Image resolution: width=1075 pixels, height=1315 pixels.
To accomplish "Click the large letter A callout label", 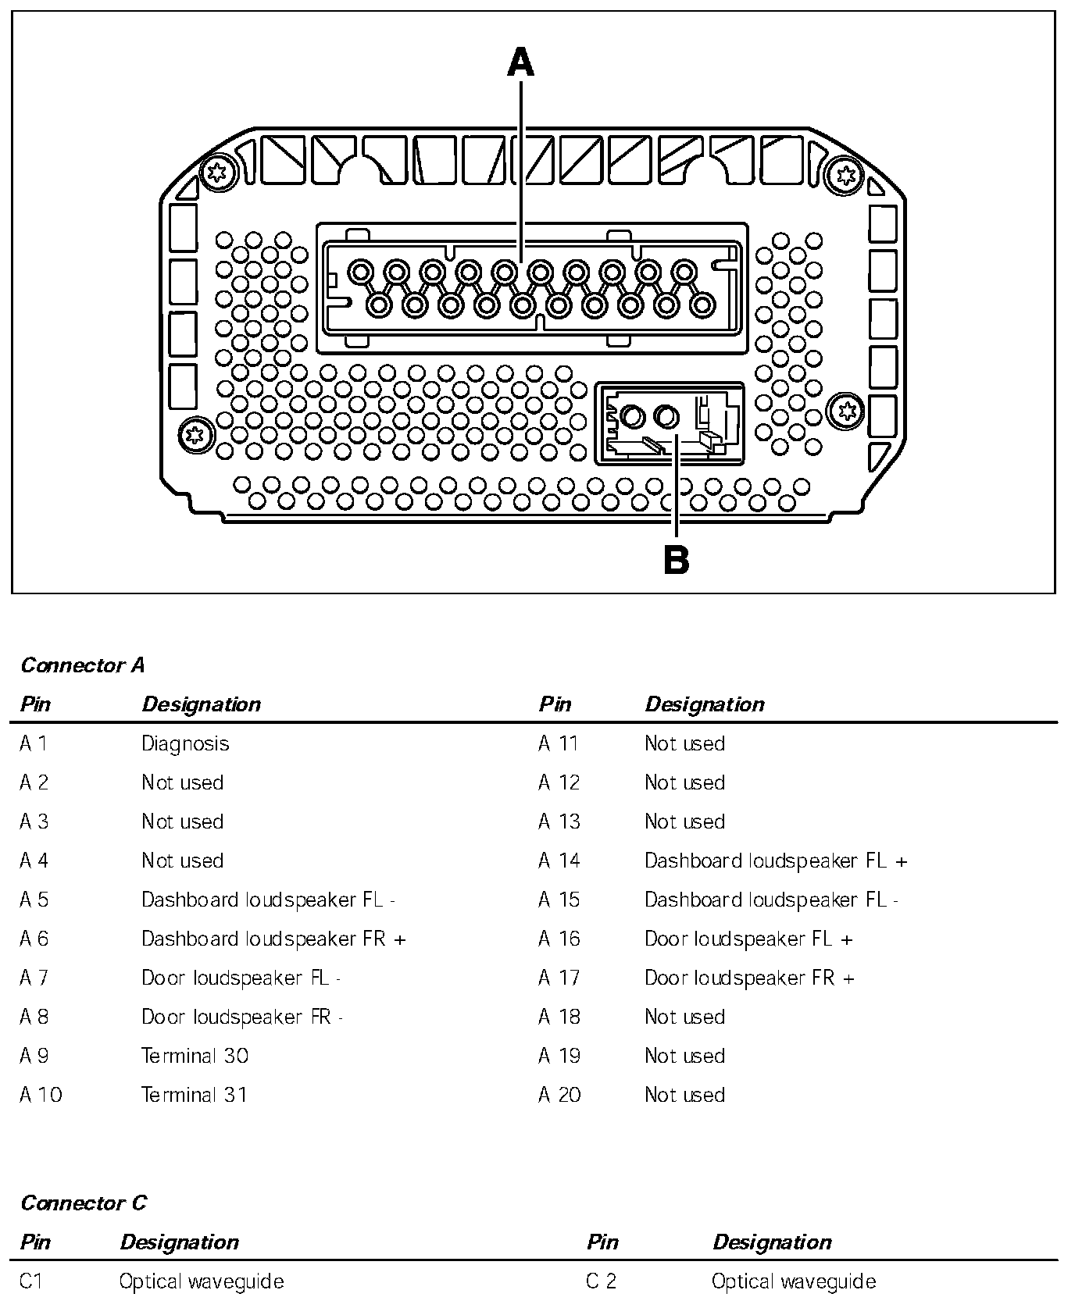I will point(521,62).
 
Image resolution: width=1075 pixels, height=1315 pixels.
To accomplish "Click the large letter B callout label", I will point(677,560).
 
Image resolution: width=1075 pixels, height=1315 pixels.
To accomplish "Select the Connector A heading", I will point(83,665).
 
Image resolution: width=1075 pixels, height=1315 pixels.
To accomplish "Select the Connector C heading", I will point(84,1203).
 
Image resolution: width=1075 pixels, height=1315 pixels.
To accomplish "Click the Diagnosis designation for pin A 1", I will point(185,743).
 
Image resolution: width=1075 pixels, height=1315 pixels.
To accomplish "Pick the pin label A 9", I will point(34,1056).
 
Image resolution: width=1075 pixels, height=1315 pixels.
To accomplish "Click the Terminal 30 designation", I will point(195,1056).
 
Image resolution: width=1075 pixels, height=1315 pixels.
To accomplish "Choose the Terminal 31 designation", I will point(195,1095).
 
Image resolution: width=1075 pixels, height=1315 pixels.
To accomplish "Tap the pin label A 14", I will point(559,861).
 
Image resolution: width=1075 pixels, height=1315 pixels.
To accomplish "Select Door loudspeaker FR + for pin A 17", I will point(749,978).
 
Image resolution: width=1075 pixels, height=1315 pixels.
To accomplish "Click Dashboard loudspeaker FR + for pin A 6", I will point(273,939).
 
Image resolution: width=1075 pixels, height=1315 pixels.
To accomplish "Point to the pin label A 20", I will point(559,1095).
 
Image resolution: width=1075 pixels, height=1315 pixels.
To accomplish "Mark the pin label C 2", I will point(602,1281).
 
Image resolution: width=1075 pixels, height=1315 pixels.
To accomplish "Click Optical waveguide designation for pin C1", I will point(202,1281).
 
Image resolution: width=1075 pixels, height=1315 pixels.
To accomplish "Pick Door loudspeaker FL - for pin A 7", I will point(241,978).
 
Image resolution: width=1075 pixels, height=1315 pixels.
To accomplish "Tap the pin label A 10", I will point(41,1095).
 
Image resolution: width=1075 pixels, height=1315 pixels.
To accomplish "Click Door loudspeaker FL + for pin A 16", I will point(748,939).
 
